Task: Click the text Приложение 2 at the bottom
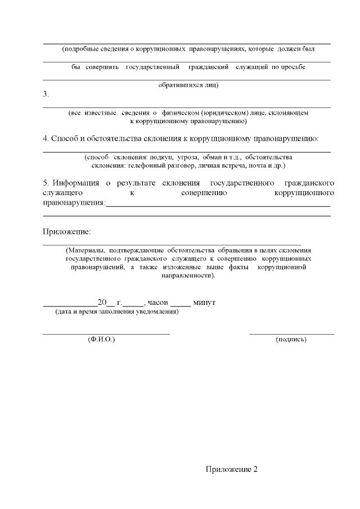pyautogui.click(x=231, y=470)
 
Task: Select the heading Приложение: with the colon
pyautogui.click(x=66, y=232)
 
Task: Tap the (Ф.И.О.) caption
pyautogui.click(x=102, y=340)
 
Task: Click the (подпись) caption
pyautogui.click(x=291, y=340)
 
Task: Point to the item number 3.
pyautogui.click(x=46, y=94)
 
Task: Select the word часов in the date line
pyautogui.click(x=158, y=303)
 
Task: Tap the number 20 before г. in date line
pyautogui.click(x=102, y=303)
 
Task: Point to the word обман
pyautogui.click(x=215, y=157)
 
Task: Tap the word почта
pyautogui.click(x=256, y=166)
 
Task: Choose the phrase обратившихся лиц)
pyautogui.click(x=188, y=85)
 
